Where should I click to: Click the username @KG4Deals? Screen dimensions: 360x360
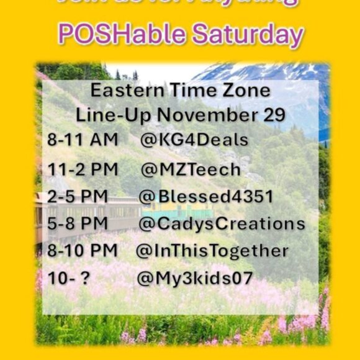click(194, 140)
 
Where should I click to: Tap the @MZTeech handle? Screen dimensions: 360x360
click(191, 169)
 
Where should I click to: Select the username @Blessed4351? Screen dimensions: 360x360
click(205, 197)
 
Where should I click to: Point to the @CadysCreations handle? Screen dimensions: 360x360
click(222, 224)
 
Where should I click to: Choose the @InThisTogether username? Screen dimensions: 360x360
click(212, 251)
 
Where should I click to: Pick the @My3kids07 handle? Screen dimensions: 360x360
click(195, 278)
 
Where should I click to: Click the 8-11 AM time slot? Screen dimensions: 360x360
click(83, 140)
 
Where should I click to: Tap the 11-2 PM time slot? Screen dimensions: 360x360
click(82, 169)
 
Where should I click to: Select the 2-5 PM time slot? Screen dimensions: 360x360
click(77, 197)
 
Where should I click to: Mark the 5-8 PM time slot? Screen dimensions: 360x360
click(77, 224)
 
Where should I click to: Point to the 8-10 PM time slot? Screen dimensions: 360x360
click(83, 251)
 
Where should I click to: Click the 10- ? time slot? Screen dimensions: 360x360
click(68, 278)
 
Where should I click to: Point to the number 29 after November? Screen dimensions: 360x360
click(274, 115)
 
